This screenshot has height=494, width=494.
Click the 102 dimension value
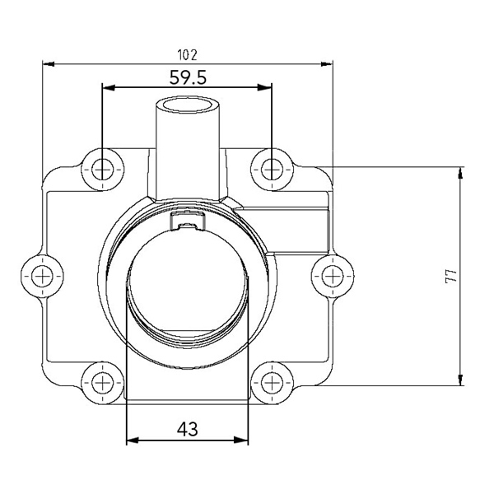pos(188,55)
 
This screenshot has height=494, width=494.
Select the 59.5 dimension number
pos(188,77)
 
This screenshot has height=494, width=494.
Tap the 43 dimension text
pos(188,429)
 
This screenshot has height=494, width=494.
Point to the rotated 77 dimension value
pos(451,277)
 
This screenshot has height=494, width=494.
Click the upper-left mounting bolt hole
pos(103,170)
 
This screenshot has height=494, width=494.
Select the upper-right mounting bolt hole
pos(272,170)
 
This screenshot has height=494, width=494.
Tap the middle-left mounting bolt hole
pos(42,276)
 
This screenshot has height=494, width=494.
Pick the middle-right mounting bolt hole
pos(333,276)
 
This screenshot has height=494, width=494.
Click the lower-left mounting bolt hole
pos(103,383)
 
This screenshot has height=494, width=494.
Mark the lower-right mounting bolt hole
pos(272,383)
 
